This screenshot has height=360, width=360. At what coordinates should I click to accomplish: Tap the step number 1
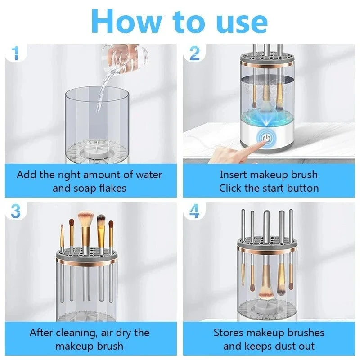(15, 54)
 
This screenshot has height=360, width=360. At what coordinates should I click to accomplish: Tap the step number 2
(194, 54)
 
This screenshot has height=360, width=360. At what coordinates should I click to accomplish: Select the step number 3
(15, 211)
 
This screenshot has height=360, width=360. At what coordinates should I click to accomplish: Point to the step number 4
(194, 211)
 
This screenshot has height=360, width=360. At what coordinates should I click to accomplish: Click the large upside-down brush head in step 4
(266, 293)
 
